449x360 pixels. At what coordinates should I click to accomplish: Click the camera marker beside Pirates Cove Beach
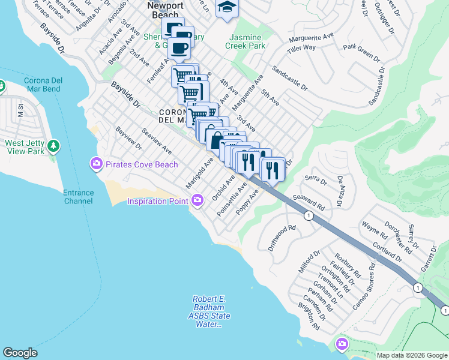(x=96, y=164)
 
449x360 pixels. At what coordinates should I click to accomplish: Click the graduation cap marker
(x=227, y=7)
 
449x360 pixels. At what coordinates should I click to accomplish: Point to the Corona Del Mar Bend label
(x=42, y=85)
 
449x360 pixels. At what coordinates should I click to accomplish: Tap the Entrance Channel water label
(x=78, y=197)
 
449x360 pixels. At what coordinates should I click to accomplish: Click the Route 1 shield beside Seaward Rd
(x=309, y=215)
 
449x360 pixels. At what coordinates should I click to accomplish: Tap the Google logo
(x=20, y=353)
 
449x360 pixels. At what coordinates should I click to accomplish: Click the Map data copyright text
(x=411, y=355)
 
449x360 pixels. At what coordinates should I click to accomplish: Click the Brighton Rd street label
(x=309, y=316)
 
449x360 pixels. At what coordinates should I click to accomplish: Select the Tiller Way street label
(x=301, y=47)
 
